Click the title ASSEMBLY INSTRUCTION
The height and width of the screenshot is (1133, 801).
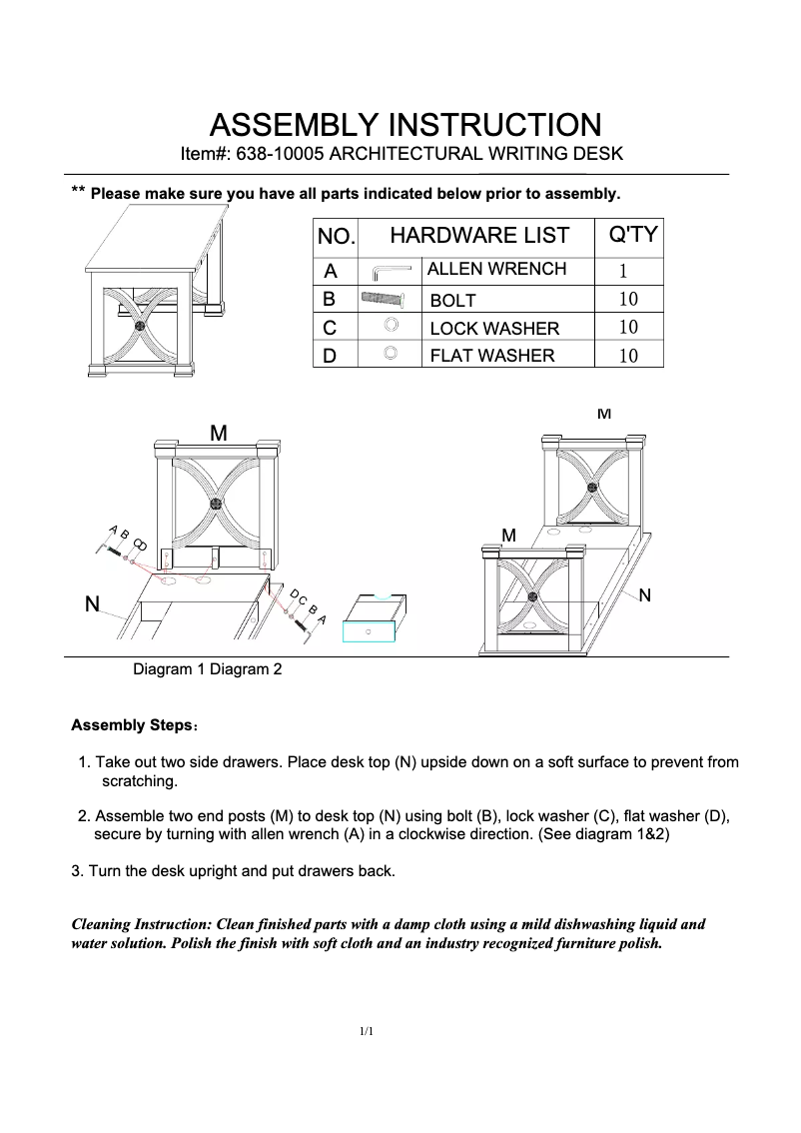point(404,126)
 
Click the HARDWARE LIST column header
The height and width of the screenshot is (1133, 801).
point(478,236)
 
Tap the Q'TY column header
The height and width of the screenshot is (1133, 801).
point(632,235)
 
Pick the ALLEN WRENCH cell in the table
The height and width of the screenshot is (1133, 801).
point(496,269)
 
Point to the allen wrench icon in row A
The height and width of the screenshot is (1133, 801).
point(391,271)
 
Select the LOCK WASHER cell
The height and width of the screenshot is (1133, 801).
point(493,329)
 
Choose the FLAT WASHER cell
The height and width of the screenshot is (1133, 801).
point(491,355)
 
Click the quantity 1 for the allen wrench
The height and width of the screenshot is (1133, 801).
point(623,271)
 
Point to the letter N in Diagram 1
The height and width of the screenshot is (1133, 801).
point(91,604)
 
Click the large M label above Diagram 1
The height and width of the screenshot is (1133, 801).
point(218,433)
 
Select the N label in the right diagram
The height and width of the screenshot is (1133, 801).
point(644,596)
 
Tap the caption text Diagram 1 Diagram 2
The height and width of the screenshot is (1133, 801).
point(208,669)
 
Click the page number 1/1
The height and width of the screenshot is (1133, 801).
point(367,1031)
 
